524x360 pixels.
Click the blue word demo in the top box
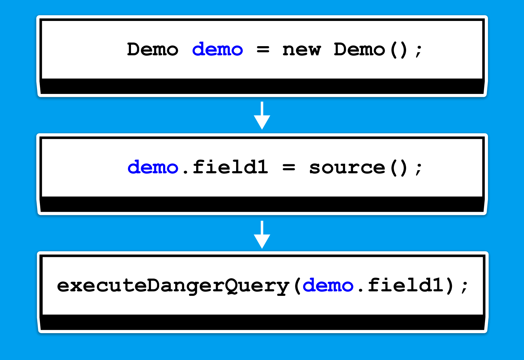point(217,50)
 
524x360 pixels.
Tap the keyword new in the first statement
point(302,50)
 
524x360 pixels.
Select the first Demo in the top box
point(153,50)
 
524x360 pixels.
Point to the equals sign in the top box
point(263,50)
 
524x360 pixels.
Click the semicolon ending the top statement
point(419,51)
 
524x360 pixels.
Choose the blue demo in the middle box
point(153,168)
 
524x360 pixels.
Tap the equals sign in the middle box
point(289,168)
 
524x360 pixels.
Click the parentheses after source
point(399,168)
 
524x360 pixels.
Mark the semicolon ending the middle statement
point(419,169)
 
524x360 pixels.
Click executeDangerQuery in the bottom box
point(173,286)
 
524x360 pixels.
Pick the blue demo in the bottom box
point(328,286)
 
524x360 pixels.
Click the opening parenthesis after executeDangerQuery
point(297,286)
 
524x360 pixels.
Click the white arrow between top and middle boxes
point(262,116)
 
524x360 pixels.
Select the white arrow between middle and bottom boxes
point(262,235)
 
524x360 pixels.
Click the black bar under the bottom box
point(262,323)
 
